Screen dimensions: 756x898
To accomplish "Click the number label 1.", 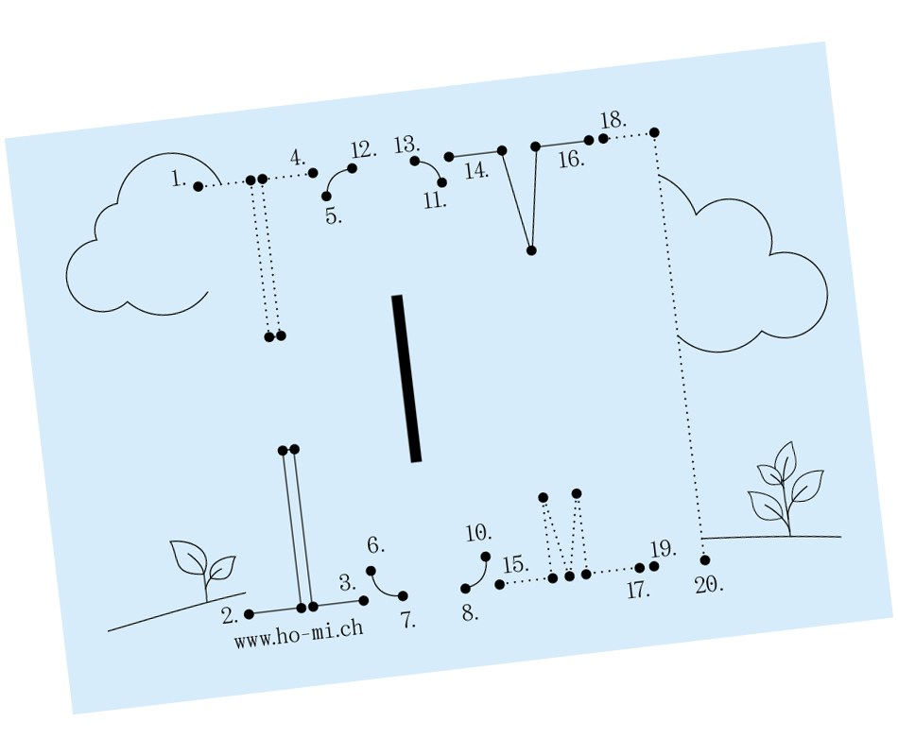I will (179, 178).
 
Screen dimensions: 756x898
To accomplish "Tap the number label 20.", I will (709, 585).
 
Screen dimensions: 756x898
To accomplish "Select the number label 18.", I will (613, 121).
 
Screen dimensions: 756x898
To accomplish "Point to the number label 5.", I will (334, 215).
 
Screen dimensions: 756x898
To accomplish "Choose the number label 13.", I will (406, 145).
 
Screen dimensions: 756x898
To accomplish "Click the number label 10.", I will (479, 533).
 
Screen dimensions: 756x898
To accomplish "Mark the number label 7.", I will (408, 621).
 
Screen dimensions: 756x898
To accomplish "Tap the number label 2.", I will (230, 616).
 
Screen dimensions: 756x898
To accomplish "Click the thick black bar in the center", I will (406, 378).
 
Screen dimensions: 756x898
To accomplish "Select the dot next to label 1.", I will (198, 186).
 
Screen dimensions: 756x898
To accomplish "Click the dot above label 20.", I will (705, 560).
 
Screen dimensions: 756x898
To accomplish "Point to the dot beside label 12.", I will (353, 168).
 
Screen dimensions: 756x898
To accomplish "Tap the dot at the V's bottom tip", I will (531, 250).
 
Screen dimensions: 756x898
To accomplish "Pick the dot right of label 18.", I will (654, 132).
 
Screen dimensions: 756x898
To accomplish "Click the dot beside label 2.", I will (249, 614).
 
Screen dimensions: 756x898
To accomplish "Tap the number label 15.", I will (515, 565).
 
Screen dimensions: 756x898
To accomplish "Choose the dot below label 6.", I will (371, 571).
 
